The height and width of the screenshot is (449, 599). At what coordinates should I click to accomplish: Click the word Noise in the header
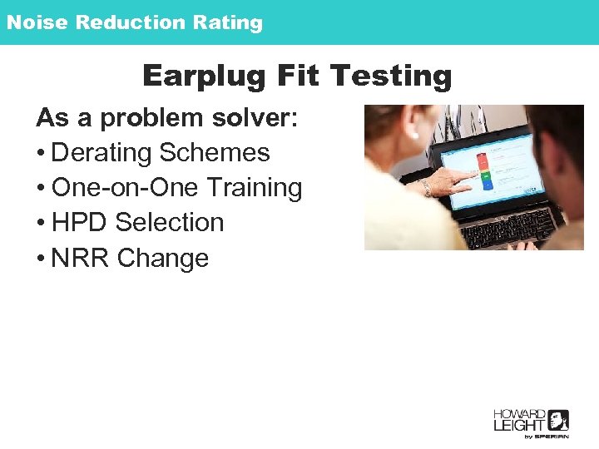(37, 22)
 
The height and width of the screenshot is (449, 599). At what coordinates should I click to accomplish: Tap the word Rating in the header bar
(228, 22)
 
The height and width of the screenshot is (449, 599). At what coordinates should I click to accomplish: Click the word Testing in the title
(391, 76)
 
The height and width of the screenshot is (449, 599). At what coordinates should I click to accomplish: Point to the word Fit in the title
(295, 76)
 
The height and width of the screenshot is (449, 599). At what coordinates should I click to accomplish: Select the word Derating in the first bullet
(101, 153)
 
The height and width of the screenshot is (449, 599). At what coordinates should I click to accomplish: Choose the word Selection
(170, 223)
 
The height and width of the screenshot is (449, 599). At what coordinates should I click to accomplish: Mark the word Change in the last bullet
(163, 259)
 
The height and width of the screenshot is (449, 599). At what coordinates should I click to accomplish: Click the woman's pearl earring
(413, 134)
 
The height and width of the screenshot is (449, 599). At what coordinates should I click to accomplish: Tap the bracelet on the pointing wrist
(426, 188)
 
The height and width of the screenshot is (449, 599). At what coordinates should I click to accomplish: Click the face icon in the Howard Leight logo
(558, 420)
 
